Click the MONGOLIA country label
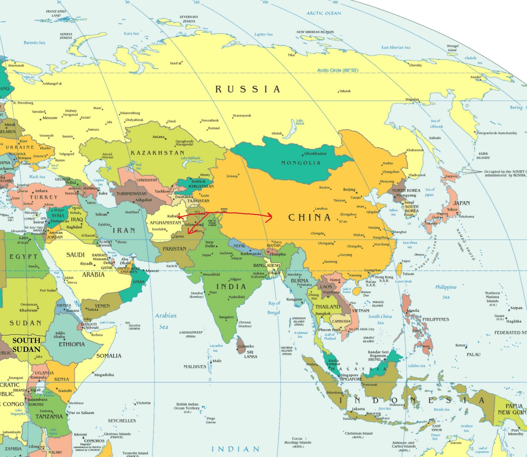pos(300,163)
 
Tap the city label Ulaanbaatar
pos(315,154)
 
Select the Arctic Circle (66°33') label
pos(338,70)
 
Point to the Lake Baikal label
pos(300,122)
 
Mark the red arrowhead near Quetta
pos(189,232)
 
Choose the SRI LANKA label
pos(250,354)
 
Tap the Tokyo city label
pos(452,209)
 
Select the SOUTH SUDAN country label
pos(26,345)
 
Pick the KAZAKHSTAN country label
pos(157,153)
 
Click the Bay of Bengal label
pos(274,308)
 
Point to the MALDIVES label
pos(195,367)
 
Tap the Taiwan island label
pos(408,274)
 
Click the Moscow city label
pos(50,118)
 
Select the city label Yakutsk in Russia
pos(345,91)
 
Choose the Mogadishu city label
pos(104,374)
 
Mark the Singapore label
pos(349,375)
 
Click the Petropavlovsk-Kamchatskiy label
pos(497,133)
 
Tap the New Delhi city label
pos(210,244)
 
